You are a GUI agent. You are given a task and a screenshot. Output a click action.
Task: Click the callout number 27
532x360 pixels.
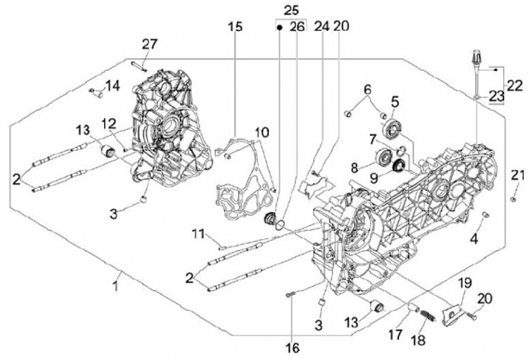pos(150,44)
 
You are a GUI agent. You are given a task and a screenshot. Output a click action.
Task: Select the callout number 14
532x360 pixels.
pos(112,86)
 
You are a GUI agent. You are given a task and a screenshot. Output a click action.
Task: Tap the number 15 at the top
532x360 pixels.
pos(234,27)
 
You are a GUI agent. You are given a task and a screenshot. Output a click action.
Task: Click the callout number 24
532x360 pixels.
pos(321,27)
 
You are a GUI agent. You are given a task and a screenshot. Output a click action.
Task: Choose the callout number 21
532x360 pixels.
pos(518,174)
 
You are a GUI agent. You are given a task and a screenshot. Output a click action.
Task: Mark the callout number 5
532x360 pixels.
pos(395,101)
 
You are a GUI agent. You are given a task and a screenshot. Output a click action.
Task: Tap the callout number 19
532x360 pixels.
pos(464,285)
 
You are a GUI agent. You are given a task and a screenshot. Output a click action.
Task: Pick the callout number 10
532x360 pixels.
pos(262,133)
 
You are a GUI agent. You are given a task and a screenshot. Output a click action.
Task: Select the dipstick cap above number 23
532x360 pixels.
pos(475,56)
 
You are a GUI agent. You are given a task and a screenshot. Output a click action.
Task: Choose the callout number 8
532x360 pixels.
pos(356,168)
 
